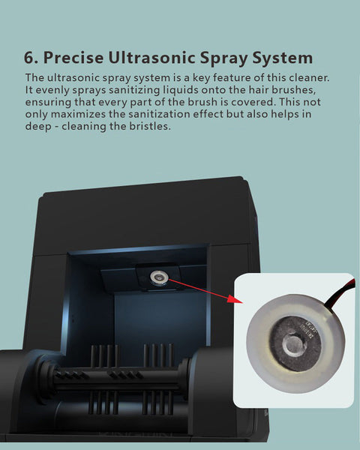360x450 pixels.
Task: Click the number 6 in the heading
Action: pos(29,58)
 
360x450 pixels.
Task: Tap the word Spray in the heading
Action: pos(223,59)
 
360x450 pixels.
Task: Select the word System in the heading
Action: pos(282,59)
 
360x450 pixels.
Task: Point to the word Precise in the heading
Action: pos(73,58)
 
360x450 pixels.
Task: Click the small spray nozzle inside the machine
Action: pos(158,277)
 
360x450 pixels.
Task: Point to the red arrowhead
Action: pos(235,298)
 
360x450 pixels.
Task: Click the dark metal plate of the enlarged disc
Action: pos(295,343)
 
